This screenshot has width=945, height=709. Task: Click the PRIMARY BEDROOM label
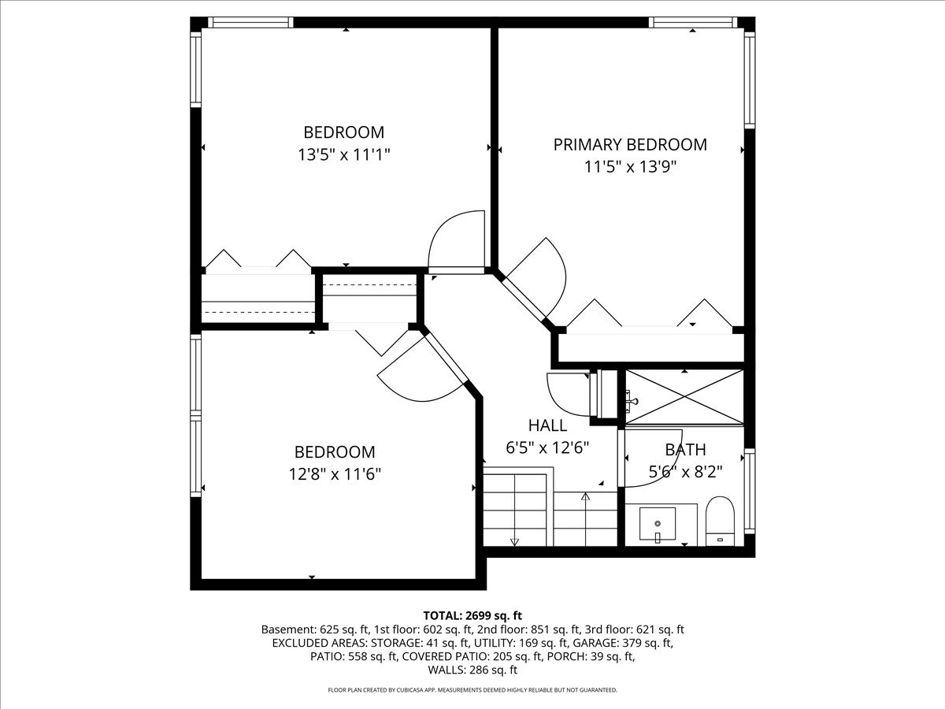[630, 144]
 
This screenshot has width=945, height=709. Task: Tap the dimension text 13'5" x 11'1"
[344, 154]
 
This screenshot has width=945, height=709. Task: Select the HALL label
[547, 425]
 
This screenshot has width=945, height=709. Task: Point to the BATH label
[685, 450]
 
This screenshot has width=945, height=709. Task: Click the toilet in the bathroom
[720, 522]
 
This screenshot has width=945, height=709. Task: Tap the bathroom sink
[658, 523]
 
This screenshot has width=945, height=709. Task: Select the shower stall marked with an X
[684, 397]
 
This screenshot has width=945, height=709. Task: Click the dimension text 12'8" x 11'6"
[335, 474]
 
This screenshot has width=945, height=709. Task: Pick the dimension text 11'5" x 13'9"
[630, 166]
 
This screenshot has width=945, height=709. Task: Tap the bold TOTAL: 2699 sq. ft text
[472, 615]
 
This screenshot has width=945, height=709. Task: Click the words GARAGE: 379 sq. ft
[631, 643]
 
